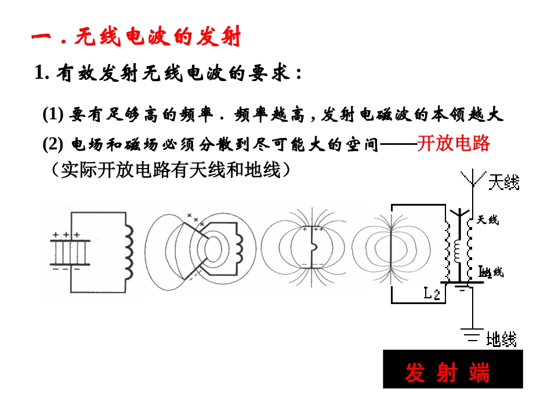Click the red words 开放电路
454,143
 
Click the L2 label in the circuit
431,294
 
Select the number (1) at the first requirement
53,115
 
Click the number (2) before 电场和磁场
53,144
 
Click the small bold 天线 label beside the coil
487,220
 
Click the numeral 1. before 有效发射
41,74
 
